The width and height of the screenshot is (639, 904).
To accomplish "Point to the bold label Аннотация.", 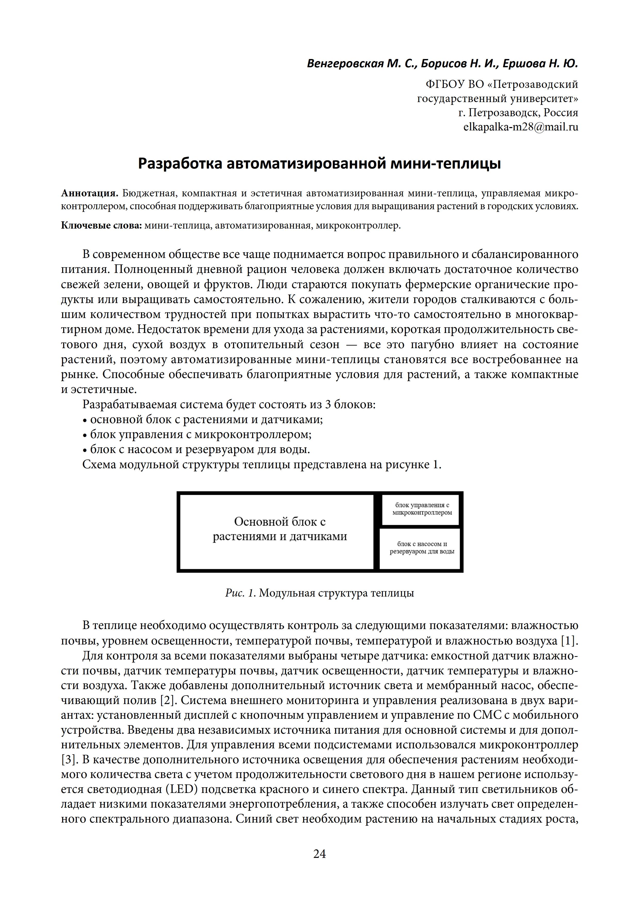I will pos(90,193).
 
